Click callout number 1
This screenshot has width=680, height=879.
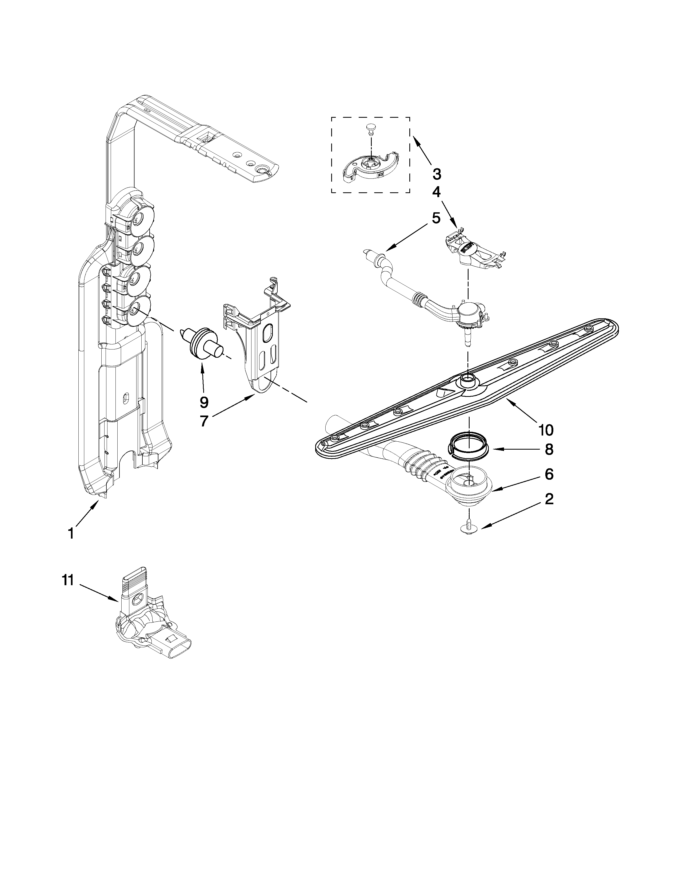pos(71,534)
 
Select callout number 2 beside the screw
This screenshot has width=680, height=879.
pos(549,499)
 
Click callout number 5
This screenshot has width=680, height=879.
pos(436,218)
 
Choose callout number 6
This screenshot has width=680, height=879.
pos(549,474)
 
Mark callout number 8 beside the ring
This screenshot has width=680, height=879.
pos(549,449)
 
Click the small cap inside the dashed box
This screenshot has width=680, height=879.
pos(370,128)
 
